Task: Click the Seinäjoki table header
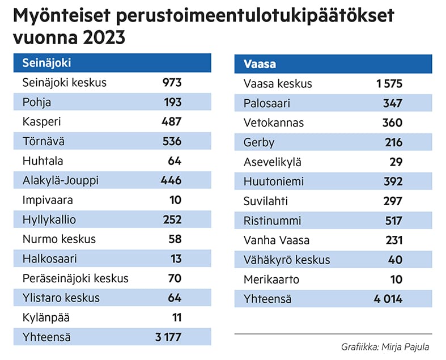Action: pos(46,63)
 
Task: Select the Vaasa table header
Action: pos(260,64)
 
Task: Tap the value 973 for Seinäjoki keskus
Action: pos(171,83)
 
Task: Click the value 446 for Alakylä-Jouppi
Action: pos(171,180)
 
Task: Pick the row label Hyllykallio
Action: pos(49,219)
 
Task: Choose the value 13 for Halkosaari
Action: pos(175,259)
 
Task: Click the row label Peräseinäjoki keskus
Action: pos(75,278)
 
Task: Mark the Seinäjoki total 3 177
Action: pos(168,337)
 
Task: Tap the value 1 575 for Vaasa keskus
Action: pos(389,84)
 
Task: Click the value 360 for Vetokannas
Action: pos(392,123)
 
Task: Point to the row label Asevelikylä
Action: pos(273,162)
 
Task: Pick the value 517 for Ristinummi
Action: pos(392,221)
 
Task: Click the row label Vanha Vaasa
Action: pos(277,240)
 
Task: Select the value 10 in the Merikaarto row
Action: pos(396,279)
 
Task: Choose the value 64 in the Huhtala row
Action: pos(174,160)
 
